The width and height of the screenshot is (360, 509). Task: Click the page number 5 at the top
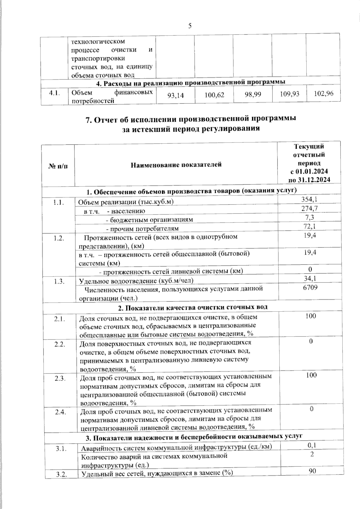click(190, 26)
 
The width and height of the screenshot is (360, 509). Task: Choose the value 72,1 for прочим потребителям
click(310, 226)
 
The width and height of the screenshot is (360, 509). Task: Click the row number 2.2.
click(60, 344)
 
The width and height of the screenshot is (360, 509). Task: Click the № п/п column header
click(58, 165)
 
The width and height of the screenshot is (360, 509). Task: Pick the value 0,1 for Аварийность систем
click(312, 446)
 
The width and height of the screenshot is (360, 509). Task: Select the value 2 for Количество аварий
click(312, 454)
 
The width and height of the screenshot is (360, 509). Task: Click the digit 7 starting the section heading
click(88, 120)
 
